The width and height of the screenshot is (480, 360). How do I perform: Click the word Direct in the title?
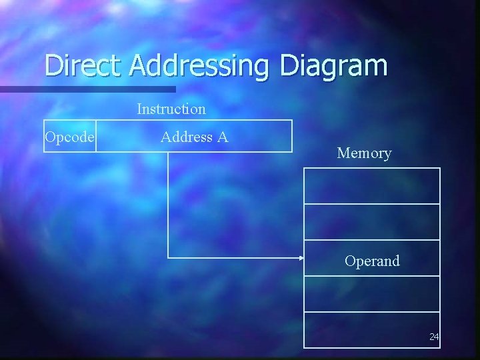(x=85, y=65)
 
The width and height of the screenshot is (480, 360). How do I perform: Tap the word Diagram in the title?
(x=333, y=67)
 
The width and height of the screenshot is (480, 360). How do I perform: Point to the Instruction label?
(x=171, y=108)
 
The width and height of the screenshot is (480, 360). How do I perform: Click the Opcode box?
(x=70, y=137)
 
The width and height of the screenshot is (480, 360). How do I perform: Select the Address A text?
(x=194, y=137)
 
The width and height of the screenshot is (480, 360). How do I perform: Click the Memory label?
(x=364, y=153)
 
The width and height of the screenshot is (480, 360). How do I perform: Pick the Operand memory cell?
(x=372, y=261)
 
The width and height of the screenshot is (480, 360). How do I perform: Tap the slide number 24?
(x=434, y=337)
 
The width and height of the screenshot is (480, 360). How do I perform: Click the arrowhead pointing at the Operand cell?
(x=301, y=257)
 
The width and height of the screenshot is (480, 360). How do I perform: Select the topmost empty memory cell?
(x=372, y=185)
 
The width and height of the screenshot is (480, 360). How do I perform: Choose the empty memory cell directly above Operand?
(x=372, y=221)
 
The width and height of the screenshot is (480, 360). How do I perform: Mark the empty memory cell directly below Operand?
(x=372, y=293)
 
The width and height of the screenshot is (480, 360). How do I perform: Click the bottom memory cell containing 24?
(x=372, y=329)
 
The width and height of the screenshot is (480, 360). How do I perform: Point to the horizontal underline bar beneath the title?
(x=87, y=89)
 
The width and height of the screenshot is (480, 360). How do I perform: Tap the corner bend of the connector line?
(x=168, y=257)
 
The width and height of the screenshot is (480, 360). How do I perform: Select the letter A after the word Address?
(x=223, y=137)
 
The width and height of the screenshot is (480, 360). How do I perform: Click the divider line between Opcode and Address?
(x=96, y=137)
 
